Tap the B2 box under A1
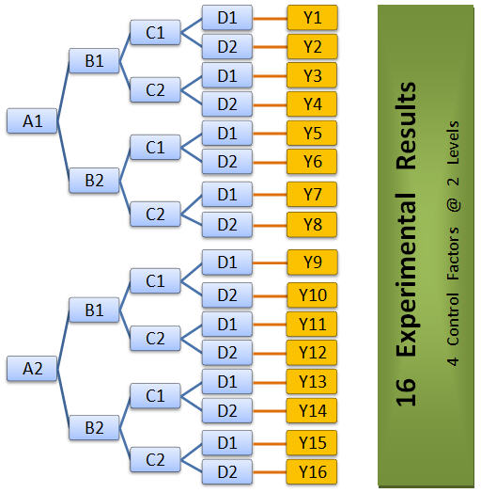[x=94, y=180]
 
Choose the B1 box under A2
[x=94, y=309]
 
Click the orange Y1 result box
[x=312, y=17]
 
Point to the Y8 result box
[x=312, y=224]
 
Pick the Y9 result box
[x=312, y=262]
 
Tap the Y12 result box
[x=312, y=352]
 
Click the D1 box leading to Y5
[x=226, y=134]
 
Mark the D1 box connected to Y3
[x=226, y=74]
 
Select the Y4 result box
[x=312, y=103]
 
